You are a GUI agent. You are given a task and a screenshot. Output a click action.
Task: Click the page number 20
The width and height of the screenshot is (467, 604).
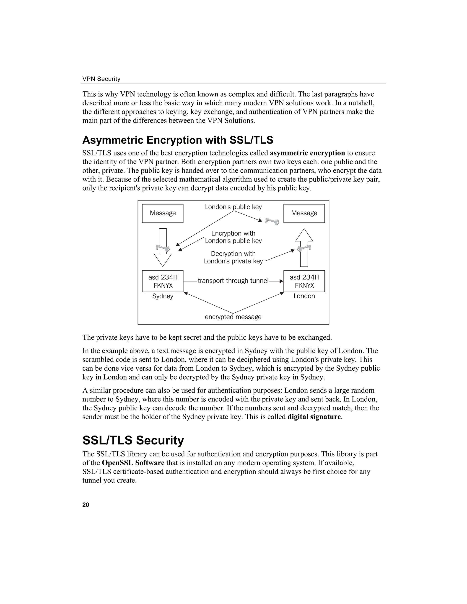[86, 505]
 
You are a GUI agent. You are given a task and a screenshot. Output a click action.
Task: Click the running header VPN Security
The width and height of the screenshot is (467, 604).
[101, 79]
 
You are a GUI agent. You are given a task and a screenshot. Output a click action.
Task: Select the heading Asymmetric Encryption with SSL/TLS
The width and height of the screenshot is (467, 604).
[178, 140]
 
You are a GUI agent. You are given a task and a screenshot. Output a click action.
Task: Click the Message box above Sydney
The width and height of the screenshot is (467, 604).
[163, 213]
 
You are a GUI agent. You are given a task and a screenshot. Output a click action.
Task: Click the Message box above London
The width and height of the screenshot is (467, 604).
[304, 213]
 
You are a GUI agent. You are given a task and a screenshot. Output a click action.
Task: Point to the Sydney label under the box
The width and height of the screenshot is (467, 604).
[163, 296]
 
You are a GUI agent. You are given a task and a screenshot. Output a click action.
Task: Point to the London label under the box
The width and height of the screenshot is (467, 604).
[304, 296]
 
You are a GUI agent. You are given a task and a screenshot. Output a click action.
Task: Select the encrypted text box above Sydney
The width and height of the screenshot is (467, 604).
[163, 281]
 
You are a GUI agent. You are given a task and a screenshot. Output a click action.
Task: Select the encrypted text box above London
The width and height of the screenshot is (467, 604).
[304, 281]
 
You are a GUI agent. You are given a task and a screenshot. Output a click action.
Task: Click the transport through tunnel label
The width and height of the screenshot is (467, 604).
[233, 281]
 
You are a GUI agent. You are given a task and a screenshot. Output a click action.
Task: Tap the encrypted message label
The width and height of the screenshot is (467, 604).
[233, 317]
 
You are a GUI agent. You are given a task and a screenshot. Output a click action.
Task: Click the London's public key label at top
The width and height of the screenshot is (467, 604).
[233, 207]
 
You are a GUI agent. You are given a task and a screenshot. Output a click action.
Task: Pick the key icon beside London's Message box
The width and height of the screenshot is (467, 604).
[272, 221]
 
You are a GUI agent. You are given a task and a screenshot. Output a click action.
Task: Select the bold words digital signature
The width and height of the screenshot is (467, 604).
[314, 417]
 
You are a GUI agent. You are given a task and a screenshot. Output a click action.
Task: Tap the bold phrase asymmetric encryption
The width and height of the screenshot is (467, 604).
[307, 153]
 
